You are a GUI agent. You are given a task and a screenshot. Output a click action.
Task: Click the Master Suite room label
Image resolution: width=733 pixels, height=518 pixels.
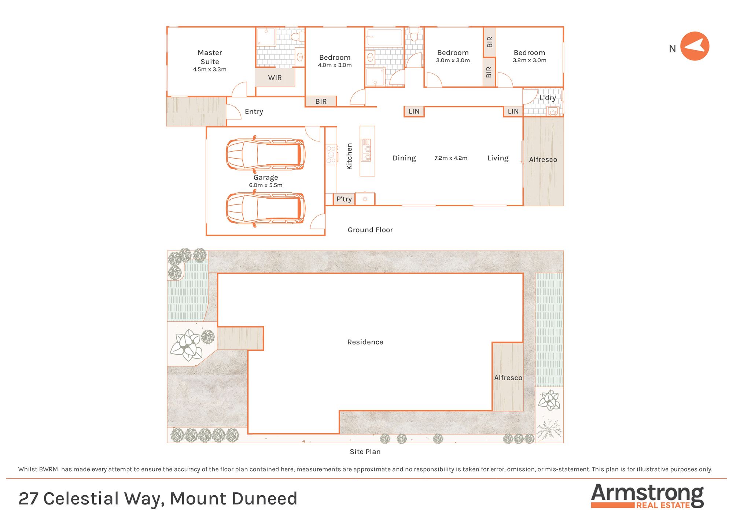(210, 57)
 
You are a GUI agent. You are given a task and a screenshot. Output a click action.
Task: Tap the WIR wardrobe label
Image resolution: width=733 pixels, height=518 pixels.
(275, 78)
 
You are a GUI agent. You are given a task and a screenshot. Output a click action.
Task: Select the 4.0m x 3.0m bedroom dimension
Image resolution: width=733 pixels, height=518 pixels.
(335, 65)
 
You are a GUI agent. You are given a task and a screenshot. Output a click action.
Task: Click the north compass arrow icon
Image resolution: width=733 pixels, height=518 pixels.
(695, 47)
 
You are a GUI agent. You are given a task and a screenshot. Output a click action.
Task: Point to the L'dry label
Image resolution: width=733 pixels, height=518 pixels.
(548, 98)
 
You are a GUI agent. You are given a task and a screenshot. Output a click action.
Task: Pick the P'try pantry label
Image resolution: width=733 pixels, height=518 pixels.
(344, 199)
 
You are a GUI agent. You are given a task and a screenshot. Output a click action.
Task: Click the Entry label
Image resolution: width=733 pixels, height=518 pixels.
(254, 111)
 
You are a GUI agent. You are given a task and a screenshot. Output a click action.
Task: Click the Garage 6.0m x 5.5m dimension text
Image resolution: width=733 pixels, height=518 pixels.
(266, 185)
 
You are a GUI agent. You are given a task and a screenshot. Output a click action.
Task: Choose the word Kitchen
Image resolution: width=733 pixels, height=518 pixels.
(349, 156)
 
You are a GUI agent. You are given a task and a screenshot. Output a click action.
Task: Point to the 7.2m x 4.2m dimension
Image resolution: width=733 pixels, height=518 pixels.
(451, 158)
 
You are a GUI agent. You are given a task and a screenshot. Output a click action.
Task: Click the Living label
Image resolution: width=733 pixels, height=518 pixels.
(498, 158)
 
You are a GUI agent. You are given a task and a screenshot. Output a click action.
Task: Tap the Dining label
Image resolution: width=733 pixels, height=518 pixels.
(404, 158)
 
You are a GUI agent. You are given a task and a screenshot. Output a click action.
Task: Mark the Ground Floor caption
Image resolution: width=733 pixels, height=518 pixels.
(370, 230)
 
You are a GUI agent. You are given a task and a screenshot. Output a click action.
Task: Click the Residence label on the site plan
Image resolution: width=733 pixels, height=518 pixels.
(365, 342)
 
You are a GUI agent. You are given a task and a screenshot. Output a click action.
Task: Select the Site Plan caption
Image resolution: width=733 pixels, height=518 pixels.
(365, 452)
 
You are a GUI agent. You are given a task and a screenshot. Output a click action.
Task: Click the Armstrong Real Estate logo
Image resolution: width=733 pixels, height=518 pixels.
(647, 496)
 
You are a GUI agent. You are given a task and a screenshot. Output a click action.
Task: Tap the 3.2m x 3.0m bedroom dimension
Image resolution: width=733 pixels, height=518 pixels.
(529, 60)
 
